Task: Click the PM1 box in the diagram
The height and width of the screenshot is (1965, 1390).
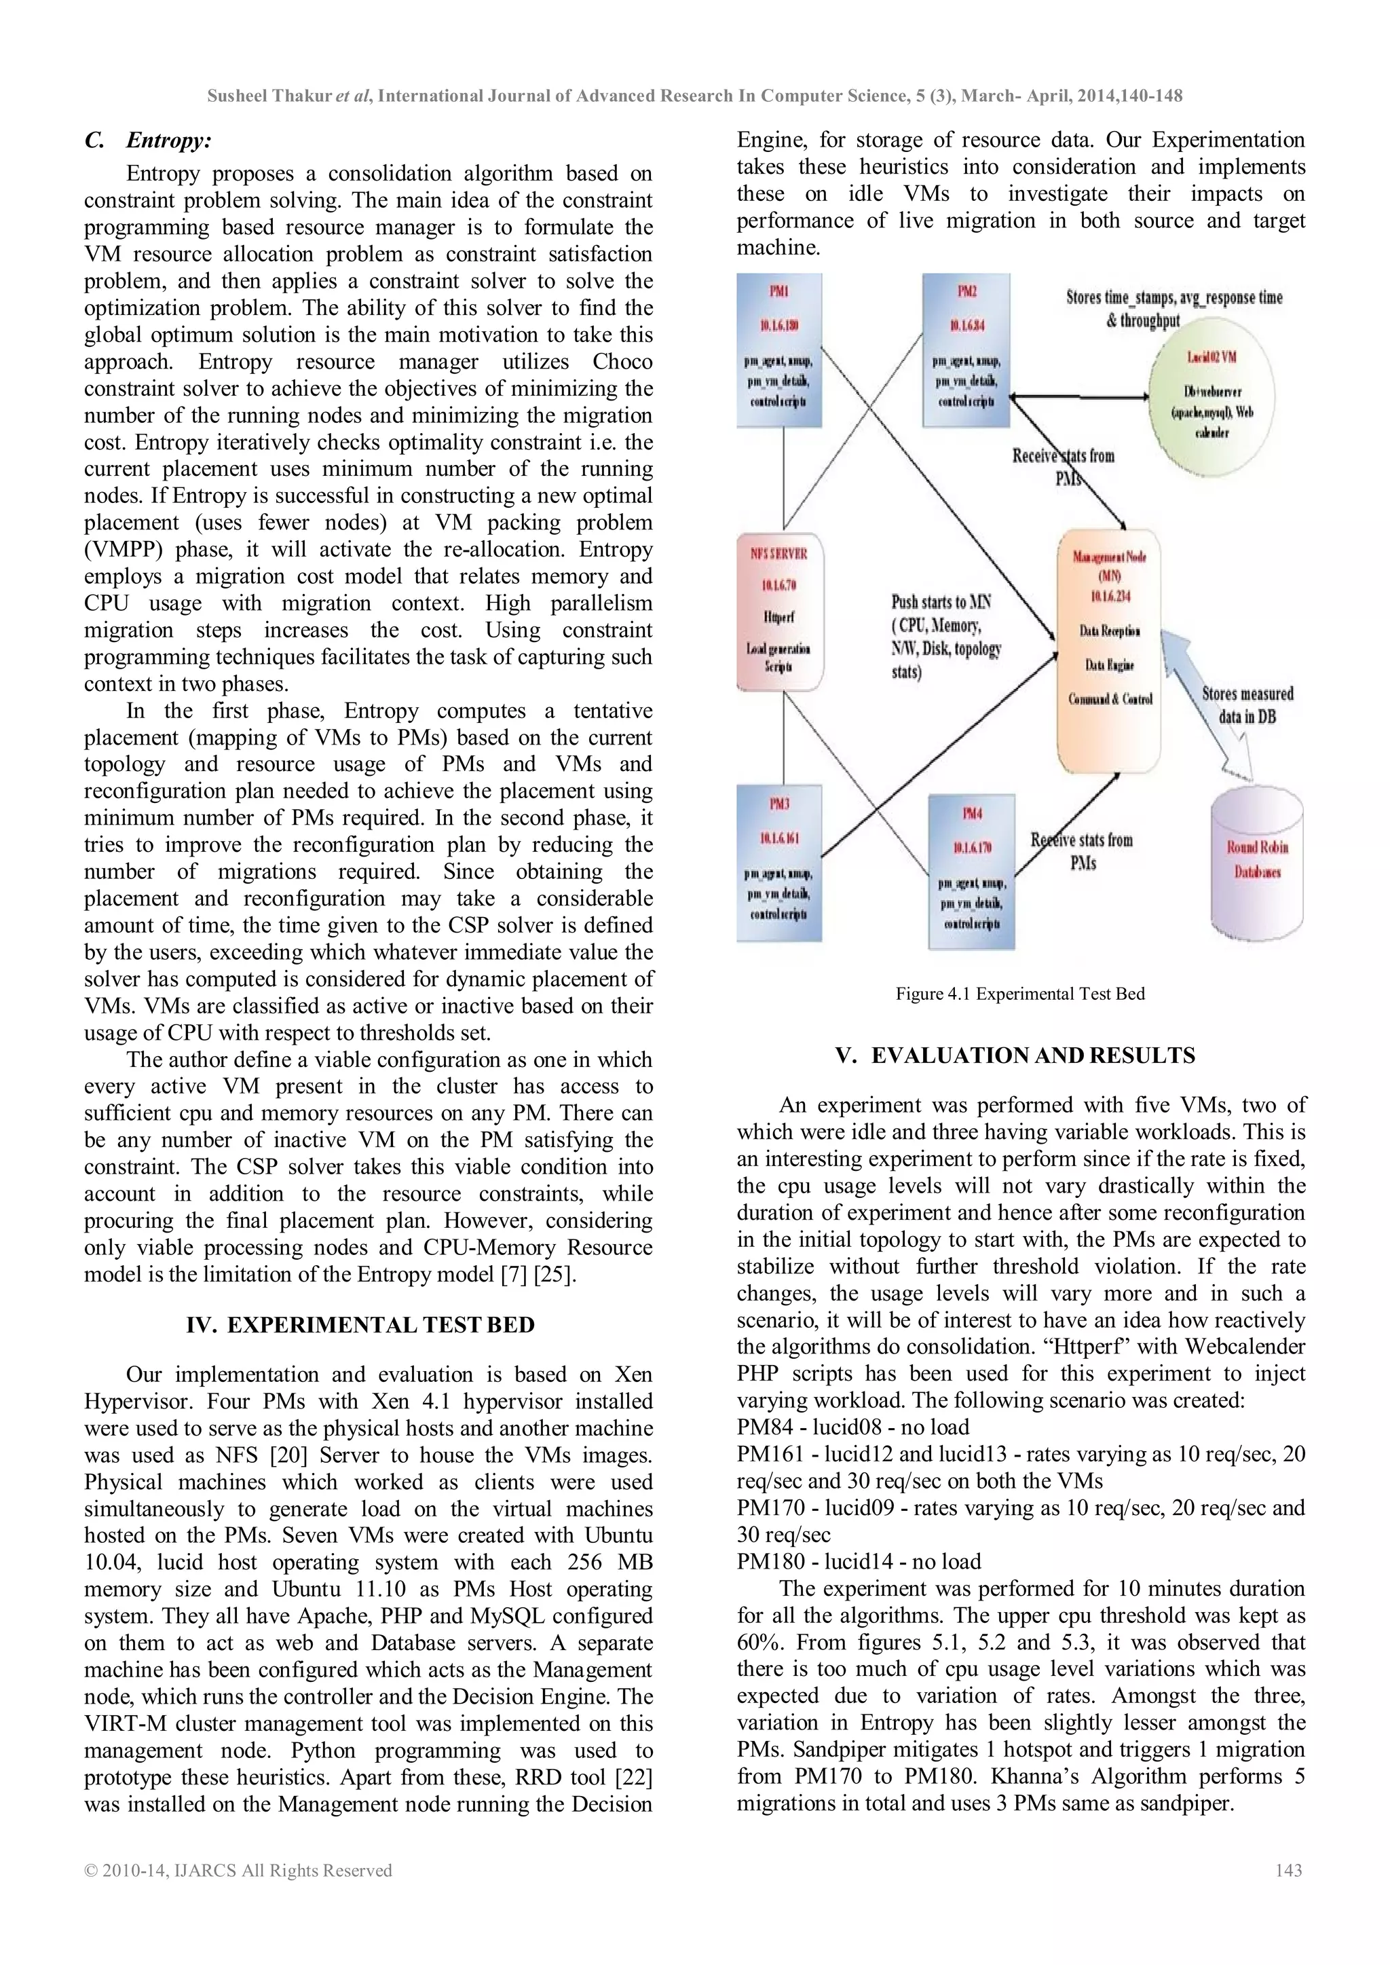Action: coord(779,350)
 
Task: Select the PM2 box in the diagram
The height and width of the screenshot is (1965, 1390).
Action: coord(966,350)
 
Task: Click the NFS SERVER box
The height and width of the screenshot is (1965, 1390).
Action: coord(779,611)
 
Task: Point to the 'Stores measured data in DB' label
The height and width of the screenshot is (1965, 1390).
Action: coord(1247,705)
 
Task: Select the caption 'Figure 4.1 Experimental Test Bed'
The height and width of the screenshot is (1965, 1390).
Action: coord(1019,994)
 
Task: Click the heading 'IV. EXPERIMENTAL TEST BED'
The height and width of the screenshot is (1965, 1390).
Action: coord(360,1325)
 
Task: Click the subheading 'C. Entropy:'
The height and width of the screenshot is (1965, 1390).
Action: coord(148,141)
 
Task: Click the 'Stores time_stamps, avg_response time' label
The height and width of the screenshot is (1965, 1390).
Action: coord(1173,298)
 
